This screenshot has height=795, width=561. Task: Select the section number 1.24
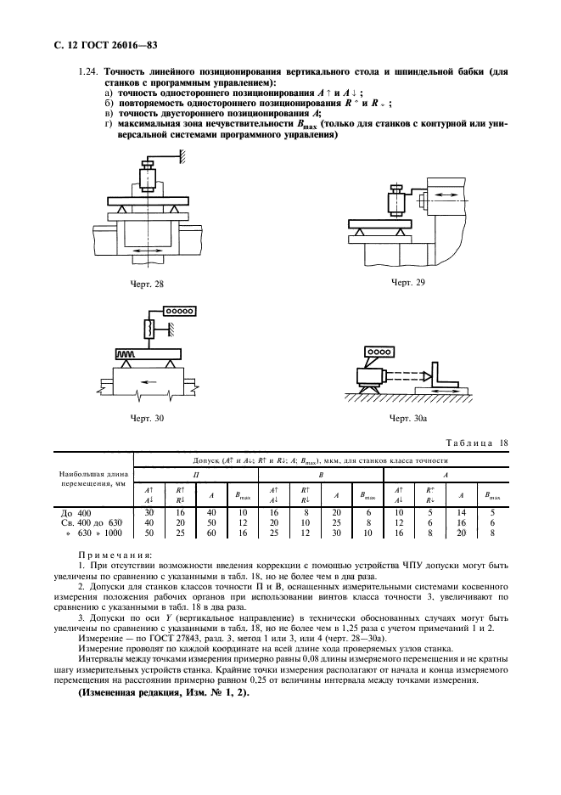point(88,83)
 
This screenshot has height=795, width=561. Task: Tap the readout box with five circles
point(169,312)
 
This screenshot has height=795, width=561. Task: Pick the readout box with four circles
point(379,351)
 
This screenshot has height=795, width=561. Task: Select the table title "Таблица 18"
point(480,443)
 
